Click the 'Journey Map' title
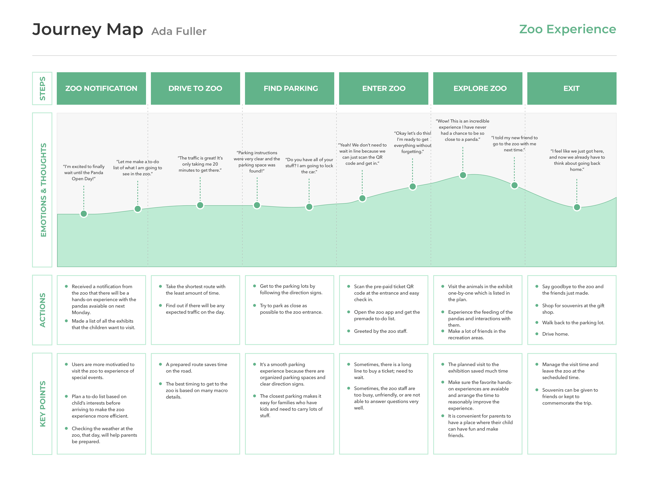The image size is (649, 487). [x=87, y=30]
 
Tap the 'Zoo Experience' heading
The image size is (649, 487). [x=567, y=29]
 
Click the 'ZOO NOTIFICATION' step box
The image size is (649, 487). [x=101, y=88]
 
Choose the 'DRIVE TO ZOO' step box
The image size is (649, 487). [x=195, y=88]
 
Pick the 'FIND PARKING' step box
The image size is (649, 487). [x=290, y=88]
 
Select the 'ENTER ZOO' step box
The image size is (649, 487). [x=384, y=88]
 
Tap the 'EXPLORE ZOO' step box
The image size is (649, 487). [x=478, y=88]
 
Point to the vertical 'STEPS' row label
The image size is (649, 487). [x=43, y=88]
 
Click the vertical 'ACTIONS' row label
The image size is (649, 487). [x=43, y=310]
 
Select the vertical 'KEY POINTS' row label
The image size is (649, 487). [x=43, y=404]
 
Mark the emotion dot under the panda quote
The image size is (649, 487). [x=463, y=175]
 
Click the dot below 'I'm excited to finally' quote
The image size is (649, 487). [x=84, y=214]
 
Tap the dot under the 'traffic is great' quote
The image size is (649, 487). [x=200, y=205]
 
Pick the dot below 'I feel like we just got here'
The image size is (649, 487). [x=577, y=207]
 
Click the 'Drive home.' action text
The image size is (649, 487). [x=556, y=334]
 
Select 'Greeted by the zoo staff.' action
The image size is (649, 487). [x=380, y=331]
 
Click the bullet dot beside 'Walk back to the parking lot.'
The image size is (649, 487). [x=537, y=322]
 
